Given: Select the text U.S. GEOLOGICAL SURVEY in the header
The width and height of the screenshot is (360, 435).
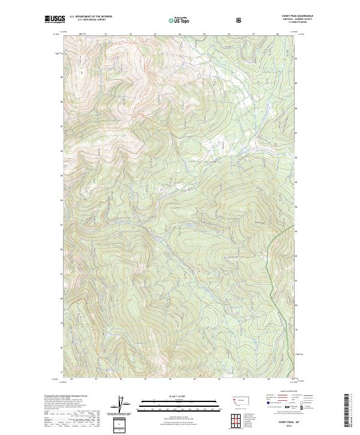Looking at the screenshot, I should coord(87,20).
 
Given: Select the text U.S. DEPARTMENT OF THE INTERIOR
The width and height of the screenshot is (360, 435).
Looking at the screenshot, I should coord(89,16).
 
